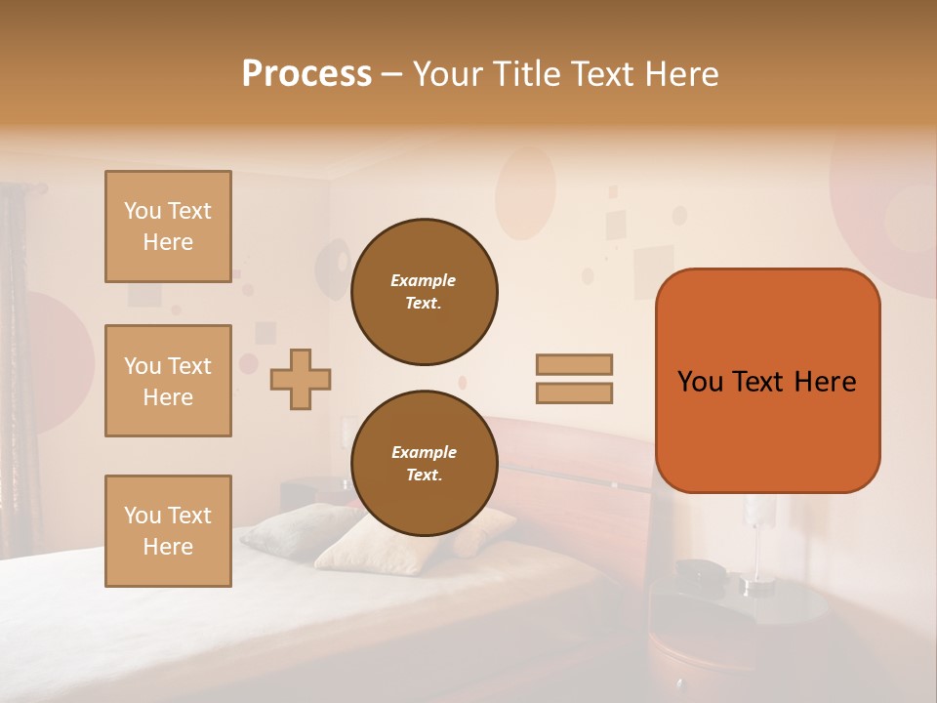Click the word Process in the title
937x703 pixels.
pyautogui.click(x=306, y=74)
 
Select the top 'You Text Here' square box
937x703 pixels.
pyautogui.click(x=168, y=227)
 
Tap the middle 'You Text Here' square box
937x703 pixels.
pyautogui.click(x=168, y=381)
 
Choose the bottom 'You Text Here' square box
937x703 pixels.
pyautogui.click(x=168, y=531)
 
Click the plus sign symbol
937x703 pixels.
pyautogui.click(x=301, y=379)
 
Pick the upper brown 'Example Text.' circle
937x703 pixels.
pyautogui.click(x=424, y=291)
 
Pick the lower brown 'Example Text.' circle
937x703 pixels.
pyautogui.click(x=424, y=463)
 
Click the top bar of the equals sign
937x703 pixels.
pyautogui.click(x=574, y=364)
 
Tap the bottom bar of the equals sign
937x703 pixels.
pyautogui.click(x=574, y=393)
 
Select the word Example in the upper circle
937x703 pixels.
pyautogui.click(x=424, y=280)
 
